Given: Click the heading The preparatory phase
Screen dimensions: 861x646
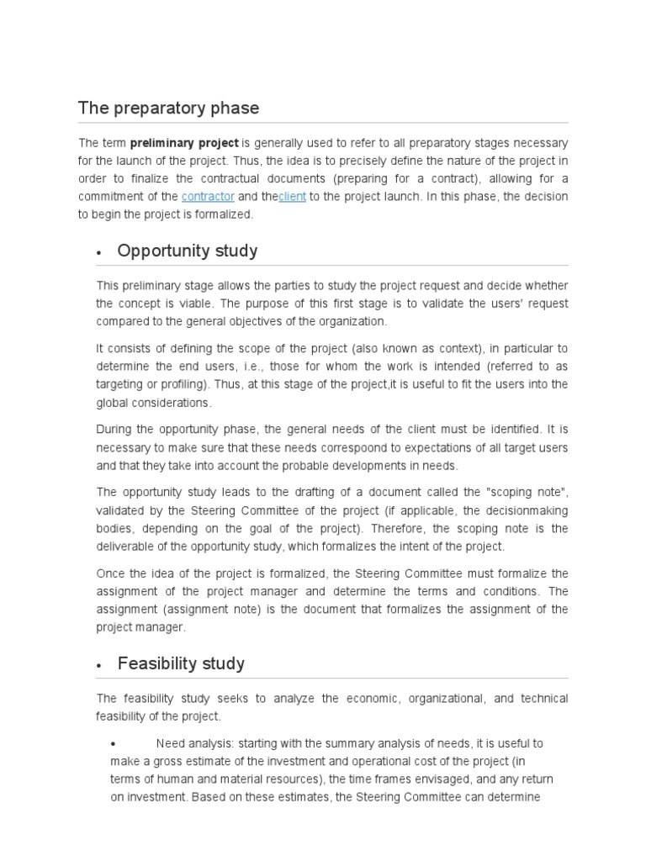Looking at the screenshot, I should click(x=168, y=108).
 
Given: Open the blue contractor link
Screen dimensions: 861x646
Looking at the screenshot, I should click(x=208, y=197).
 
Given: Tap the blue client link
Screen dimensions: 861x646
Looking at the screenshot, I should click(x=292, y=197).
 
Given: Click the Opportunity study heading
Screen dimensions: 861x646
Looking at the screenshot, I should click(x=188, y=251).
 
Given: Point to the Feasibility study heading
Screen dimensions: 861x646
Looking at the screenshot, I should click(x=181, y=663).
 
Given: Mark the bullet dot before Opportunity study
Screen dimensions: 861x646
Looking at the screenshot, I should click(x=99, y=252).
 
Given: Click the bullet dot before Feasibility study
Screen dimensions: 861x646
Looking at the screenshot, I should click(x=99, y=665).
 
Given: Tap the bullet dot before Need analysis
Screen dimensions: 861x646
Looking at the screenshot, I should click(x=114, y=744).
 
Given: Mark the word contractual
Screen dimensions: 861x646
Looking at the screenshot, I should click(x=231, y=179).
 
